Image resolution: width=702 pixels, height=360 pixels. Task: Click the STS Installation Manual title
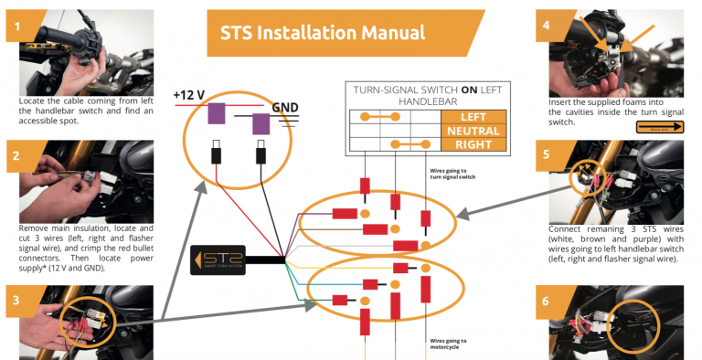[x=322, y=33]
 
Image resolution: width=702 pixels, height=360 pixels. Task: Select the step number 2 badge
[x=17, y=154]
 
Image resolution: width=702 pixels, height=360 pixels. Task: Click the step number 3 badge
[x=17, y=300]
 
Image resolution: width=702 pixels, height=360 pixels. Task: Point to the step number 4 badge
[x=547, y=26]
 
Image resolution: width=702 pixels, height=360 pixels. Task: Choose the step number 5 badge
[x=547, y=154]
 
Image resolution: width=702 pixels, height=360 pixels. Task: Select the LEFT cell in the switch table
[x=473, y=117]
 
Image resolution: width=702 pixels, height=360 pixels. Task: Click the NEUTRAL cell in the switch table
[x=473, y=131]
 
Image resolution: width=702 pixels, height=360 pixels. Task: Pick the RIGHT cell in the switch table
[x=473, y=144]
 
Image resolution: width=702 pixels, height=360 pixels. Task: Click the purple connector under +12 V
[x=218, y=113]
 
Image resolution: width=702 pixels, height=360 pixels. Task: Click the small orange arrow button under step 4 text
[x=660, y=129]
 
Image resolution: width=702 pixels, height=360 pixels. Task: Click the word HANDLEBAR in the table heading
[x=425, y=102]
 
